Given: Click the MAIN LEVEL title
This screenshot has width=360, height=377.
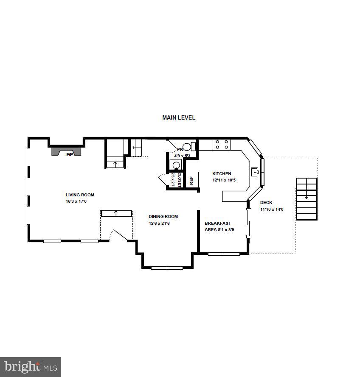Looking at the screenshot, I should pos(179,117).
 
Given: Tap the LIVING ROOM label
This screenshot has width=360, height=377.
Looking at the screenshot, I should pos(80,195).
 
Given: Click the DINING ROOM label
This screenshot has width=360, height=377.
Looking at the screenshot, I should pos(163,217).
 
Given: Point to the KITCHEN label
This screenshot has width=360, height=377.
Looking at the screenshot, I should pos(222,173).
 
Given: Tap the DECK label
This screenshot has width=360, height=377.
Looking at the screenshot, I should pos(266,203).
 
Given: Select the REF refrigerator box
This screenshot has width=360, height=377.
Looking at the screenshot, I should pos(192,180).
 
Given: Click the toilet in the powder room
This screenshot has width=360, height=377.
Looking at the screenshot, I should pos(193,147).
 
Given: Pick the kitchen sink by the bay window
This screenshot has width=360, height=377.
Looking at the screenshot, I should pos(255,172).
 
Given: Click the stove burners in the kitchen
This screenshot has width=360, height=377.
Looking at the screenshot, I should pos(221,145).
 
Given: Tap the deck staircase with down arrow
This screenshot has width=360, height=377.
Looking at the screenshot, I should pos(307,199).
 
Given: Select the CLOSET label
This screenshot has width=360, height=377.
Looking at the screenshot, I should pos(179,179).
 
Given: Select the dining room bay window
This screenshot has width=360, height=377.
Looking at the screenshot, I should pos(167,268).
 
